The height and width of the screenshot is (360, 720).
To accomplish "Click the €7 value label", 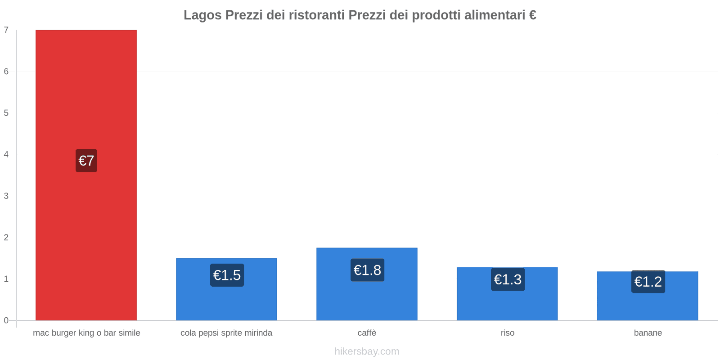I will [x=86, y=161].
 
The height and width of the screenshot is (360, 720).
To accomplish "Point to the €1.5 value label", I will [x=227, y=275].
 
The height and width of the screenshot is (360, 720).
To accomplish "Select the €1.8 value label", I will [x=367, y=270].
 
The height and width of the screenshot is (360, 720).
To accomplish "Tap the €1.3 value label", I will [x=508, y=279].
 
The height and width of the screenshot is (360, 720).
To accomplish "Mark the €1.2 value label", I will [x=648, y=282].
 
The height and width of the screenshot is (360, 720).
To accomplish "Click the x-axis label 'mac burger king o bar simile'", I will [x=86, y=333].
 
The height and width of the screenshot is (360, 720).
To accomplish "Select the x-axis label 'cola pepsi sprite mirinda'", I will [x=226, y=333].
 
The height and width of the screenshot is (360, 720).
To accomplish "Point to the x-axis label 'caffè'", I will [x=367, y=333].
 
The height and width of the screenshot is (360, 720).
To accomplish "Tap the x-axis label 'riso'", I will [x=508, y=333].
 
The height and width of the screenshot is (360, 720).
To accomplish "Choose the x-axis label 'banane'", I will [x=648, y=333].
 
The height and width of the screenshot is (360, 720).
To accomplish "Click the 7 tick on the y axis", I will [x=6, y=30].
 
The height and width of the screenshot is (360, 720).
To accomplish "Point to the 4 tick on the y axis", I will [x=6, y=154].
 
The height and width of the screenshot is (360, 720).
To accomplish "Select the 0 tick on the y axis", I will [x=6, y=320].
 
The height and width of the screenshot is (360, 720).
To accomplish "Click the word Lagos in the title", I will [x=202, y=15].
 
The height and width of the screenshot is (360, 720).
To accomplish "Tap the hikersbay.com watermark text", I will [x=367, y=351].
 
